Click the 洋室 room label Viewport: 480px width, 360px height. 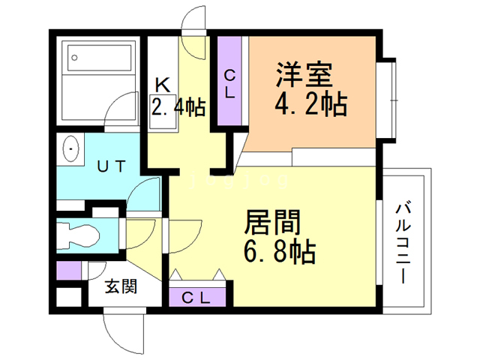303,76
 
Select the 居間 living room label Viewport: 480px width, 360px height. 273,223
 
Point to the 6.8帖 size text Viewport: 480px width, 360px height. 279,251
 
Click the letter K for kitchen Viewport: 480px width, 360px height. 161,84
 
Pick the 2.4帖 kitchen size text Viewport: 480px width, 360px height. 178,106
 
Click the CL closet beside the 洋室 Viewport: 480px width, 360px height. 230,83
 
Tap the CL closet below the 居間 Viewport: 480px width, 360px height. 196,297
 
